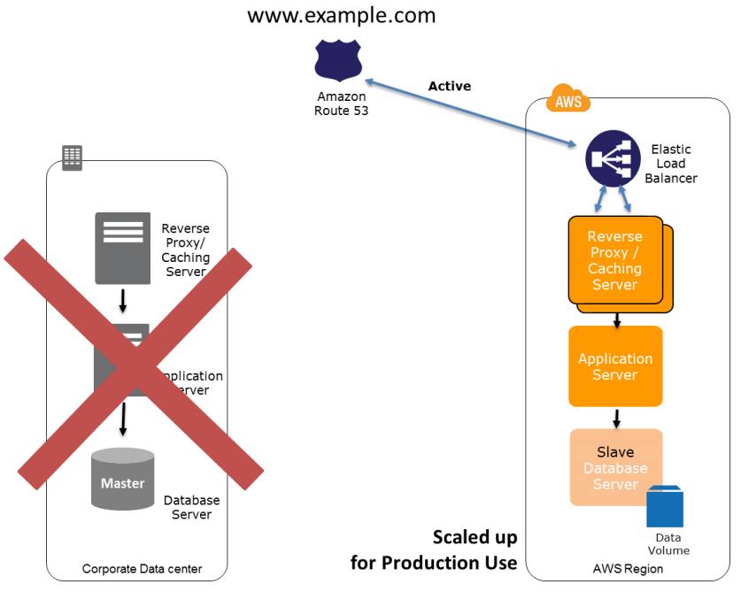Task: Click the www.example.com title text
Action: click(341, 15)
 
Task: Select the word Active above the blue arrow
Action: click(450, 86)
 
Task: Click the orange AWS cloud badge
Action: click(568, 100)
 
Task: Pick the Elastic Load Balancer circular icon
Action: click(613, 158)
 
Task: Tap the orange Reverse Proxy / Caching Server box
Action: click(614, 260)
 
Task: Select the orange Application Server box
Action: click(614, 366)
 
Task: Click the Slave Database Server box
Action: click(614, 466)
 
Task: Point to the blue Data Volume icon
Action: click(665, 506)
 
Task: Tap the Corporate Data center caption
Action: click(135, 569)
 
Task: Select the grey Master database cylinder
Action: click(122, 479)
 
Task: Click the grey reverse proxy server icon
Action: click(123, 248)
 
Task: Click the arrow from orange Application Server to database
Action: click(616, 417)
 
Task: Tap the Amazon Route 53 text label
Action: click(341, 104)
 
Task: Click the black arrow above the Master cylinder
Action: click(123, 419)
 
